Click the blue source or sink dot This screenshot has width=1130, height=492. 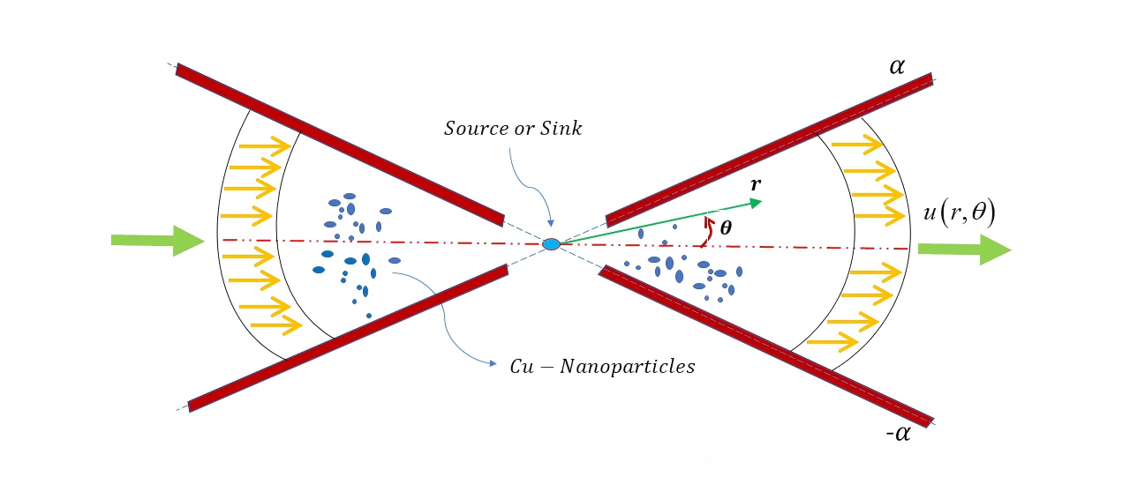pos(551,243)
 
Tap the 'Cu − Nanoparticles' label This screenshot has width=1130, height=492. pos(602,367)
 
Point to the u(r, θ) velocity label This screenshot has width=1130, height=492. pos(957,216)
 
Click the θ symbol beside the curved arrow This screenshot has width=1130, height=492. pos(726,227)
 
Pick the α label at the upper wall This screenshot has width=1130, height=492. pos(897,66)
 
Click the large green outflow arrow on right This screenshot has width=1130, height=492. pos(963,250)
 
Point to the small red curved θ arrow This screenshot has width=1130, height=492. pos(704,233)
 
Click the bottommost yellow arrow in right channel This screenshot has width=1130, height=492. pos(833,339)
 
